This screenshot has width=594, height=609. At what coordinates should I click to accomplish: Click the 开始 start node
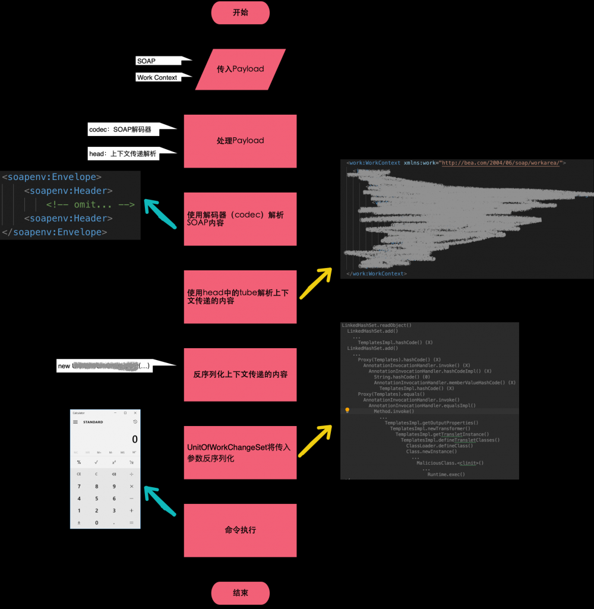[x=240, y=12]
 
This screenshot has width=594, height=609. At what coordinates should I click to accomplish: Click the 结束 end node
[x=240, y=593]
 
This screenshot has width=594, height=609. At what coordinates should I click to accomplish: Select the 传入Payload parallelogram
[x=240, y=69]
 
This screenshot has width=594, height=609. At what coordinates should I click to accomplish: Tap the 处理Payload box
[x=240, y=141]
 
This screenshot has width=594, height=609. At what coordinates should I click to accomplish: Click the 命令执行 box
[x=240, y=530]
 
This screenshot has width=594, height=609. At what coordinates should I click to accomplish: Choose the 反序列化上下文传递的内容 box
[x=240, y=374]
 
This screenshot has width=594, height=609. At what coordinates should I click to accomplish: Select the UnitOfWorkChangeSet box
[x=240, y=452]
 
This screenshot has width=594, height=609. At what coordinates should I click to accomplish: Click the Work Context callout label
[x=158, y=77]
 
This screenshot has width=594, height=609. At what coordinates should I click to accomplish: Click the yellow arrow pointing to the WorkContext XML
[x=315, y=283]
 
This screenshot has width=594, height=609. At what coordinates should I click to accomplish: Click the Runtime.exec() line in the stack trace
[x=445, y=474]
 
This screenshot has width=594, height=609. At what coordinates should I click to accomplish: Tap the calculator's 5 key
[x=96, y=498]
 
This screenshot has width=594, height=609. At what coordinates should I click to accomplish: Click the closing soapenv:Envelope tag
[x=55, y=232]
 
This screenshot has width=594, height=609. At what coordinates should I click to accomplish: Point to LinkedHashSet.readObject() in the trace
[x=377, y=326]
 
